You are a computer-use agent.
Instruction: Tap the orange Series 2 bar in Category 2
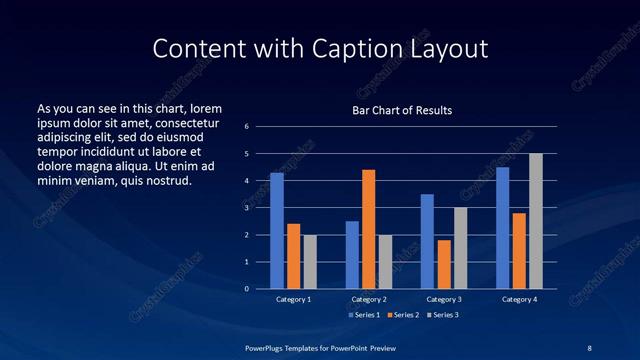(369, 229)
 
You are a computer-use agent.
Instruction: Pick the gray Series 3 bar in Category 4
(536, 221)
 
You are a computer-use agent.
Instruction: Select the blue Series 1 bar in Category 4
(502, 227)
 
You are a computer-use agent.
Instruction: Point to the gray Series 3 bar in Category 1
(310, 261)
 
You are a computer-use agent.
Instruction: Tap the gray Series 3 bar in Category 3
(460, 248)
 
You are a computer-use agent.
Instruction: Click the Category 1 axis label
(294, 299)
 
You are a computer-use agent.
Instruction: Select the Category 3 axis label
(444, 299)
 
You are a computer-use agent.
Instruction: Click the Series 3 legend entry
(443, 315)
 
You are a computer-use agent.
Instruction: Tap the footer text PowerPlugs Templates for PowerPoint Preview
(319, 346)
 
